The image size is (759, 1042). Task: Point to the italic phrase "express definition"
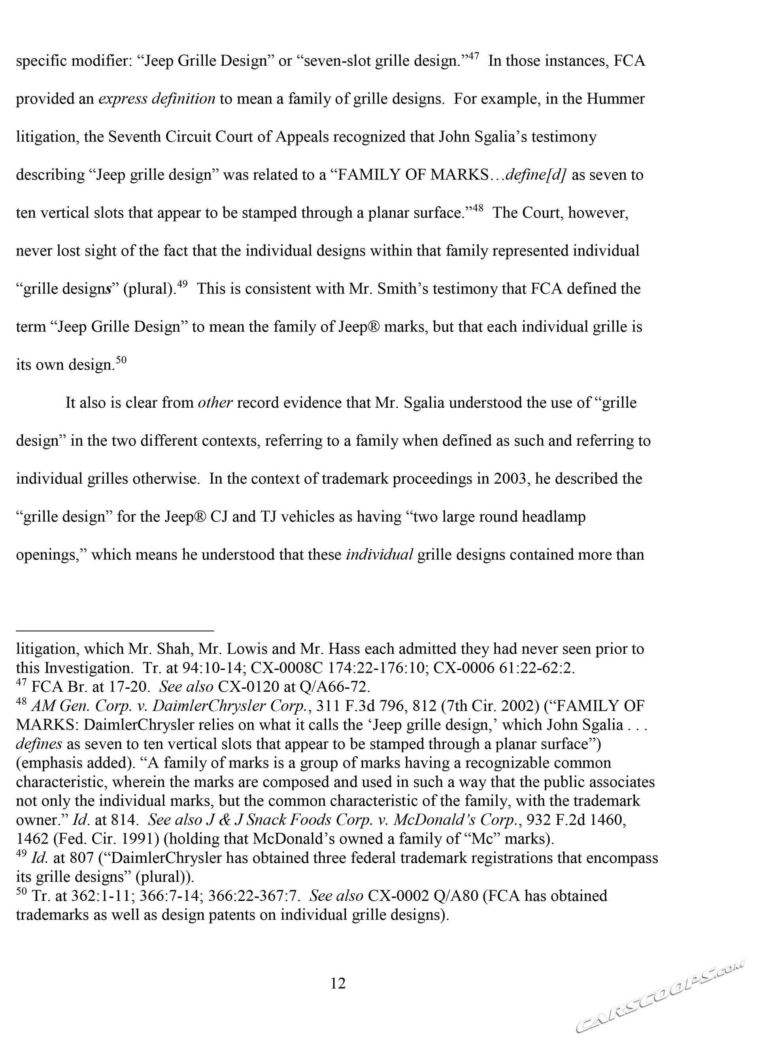tap(157, 99)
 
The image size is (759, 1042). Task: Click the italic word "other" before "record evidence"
tap(215, 403)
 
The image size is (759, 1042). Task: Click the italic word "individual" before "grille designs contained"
tap(379, 555)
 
